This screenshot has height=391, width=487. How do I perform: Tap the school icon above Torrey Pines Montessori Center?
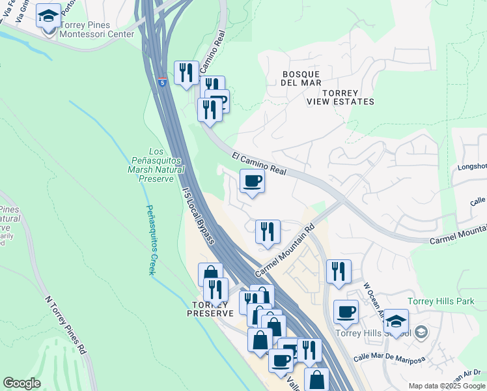[x=48, y=16]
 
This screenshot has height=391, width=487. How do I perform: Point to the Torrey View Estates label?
[x=341, y=97]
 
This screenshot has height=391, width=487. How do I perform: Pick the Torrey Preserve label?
[x=210, y=309]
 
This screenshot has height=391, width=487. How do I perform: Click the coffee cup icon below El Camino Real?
[x=253, y=181]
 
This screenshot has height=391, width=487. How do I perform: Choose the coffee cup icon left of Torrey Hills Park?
[x=346, y=311]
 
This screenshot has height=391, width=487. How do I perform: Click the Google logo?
[x=21, y=383]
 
